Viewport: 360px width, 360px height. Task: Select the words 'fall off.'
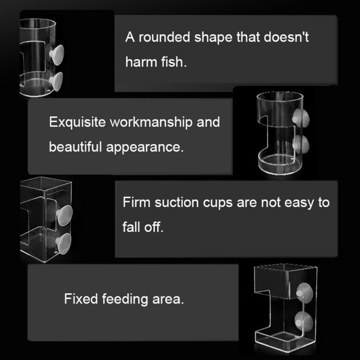[x=143, y=228]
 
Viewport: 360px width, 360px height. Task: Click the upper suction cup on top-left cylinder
[x=57, y=54]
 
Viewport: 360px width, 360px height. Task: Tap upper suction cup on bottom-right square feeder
[x=302, y=292]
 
